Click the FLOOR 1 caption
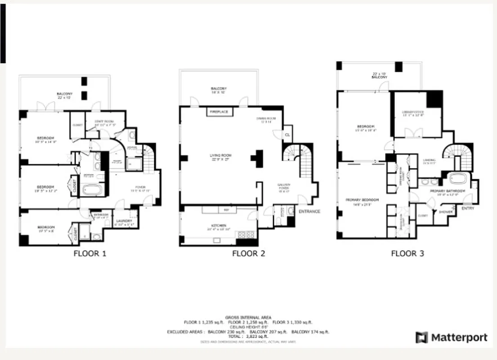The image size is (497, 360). (90, 253)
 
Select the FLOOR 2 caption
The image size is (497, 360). (248, 253)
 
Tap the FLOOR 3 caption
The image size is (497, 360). (407, 253)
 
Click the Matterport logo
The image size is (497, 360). (451, 337)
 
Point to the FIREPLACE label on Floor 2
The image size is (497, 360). (219, 112)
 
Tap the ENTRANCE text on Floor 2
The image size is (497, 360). (309, 211)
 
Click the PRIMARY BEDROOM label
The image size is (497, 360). (362, 200)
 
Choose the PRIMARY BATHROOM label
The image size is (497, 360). (443, 191)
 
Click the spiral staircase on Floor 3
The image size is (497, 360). (457, 155)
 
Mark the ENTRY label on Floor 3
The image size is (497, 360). (468, 208)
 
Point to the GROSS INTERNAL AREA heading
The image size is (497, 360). (248, 317)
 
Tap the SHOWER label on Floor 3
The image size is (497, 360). (446, 212)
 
